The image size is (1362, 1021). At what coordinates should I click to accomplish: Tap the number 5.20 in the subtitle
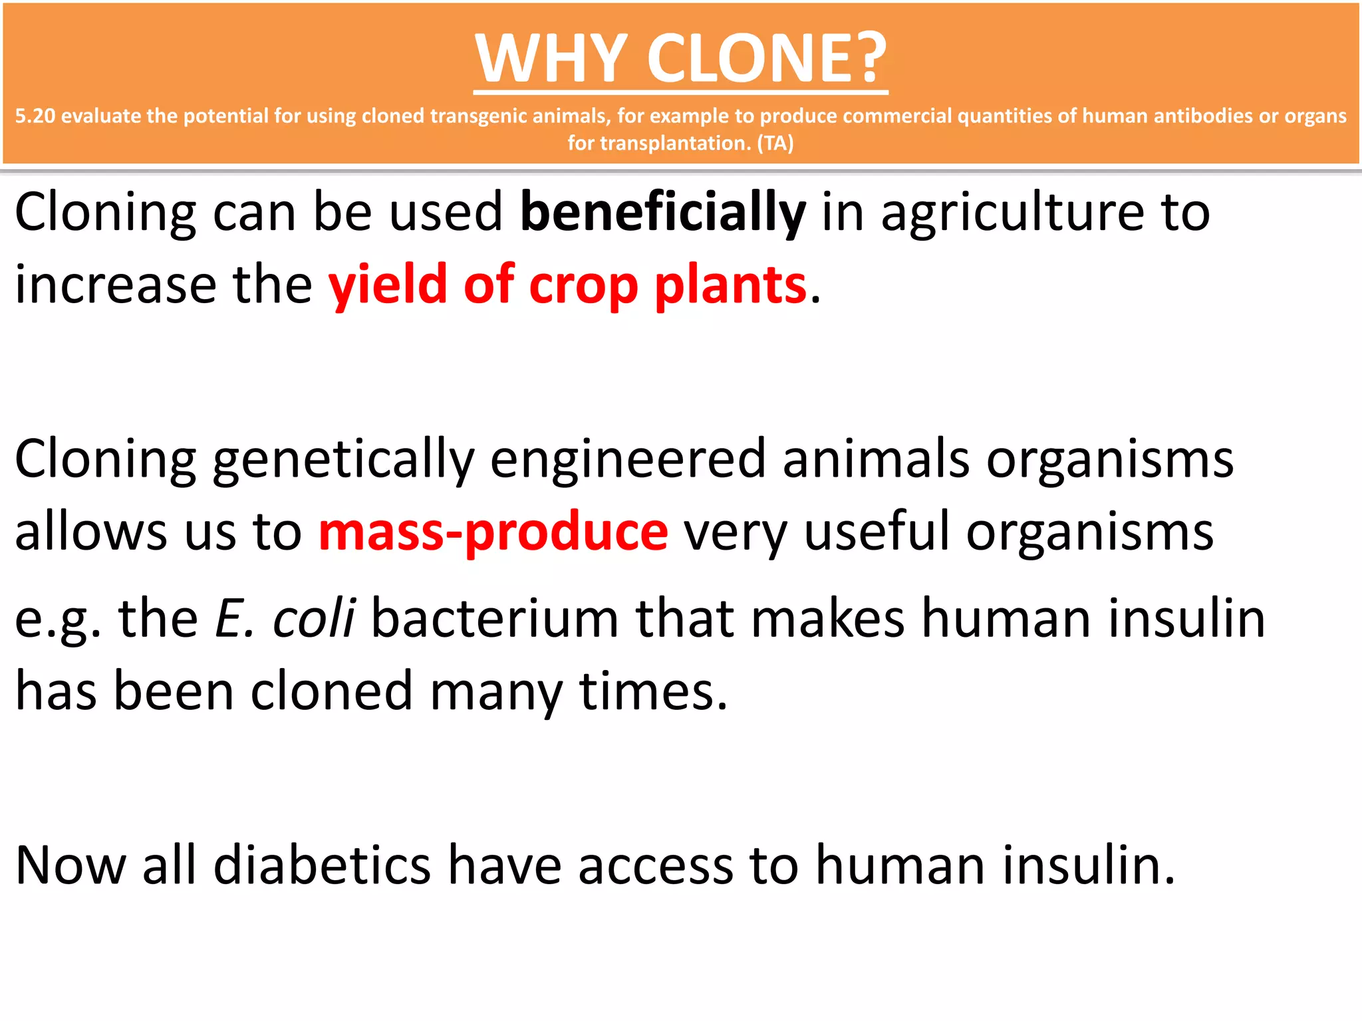(35, 116)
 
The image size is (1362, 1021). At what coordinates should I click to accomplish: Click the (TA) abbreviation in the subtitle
(775, 143)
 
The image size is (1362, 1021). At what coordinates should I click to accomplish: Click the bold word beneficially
(662, 213)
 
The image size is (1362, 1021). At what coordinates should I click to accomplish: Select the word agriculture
(1012, 213)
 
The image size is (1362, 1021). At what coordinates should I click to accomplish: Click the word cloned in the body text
(331, 691)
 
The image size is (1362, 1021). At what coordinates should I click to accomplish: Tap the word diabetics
(322, 865)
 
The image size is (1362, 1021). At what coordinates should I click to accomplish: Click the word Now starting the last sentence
(70, 865)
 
